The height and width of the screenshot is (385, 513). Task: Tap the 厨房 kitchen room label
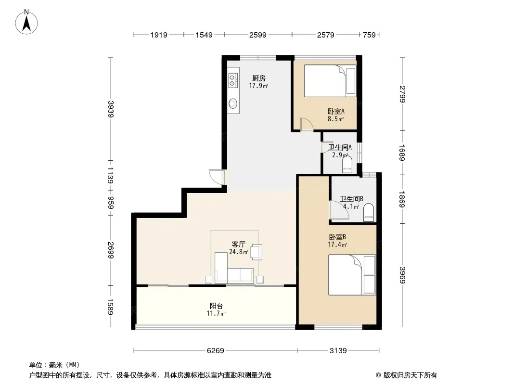258,78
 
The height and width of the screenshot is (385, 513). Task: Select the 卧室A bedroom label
336,112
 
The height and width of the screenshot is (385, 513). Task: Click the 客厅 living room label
239,244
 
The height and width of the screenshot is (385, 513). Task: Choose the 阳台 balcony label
216,306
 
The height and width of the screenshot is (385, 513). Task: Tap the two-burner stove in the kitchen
232,80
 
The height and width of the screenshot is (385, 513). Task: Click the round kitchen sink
232,103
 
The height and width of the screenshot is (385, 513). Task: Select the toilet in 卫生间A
346,164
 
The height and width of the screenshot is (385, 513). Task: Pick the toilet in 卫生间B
369,212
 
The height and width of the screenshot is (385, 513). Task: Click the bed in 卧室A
330,81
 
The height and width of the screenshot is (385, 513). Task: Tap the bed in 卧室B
352,275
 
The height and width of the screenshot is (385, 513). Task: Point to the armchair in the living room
256,252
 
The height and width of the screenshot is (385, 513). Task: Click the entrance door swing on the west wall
217,177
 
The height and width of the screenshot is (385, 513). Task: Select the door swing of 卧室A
307,124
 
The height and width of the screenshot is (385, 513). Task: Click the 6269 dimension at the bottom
216,351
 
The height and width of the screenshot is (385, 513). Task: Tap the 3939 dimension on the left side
111,109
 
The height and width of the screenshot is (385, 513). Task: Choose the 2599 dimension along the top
258,35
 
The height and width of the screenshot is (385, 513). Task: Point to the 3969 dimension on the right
402,275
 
